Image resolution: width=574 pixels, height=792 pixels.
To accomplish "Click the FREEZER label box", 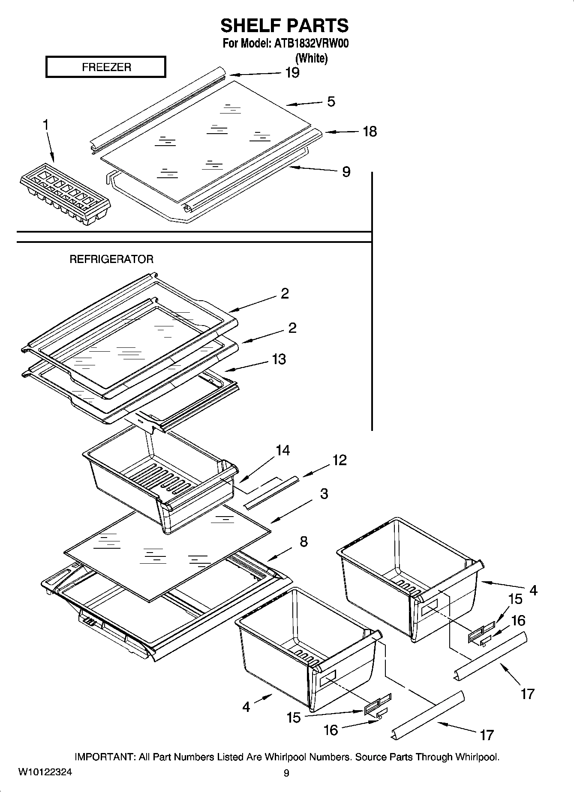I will [105, 67].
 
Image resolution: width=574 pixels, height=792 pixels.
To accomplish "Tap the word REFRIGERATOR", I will [111, 259].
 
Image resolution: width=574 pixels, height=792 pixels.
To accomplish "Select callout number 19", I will [292, 73].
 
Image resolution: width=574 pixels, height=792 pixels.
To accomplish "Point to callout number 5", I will [331, 102].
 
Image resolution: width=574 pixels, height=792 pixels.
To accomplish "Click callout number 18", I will [370, 132].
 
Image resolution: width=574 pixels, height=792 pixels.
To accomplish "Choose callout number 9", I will [346, 172].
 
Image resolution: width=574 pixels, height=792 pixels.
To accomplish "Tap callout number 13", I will [279, 359].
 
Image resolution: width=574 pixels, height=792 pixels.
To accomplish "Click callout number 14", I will [282, 450].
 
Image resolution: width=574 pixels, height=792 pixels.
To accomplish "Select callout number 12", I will [339, 460].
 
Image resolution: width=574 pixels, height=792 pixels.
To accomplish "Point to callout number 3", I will [324, 493].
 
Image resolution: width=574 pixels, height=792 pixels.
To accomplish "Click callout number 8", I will [304, 541].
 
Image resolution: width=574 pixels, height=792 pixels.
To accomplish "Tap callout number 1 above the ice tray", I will [45, 125].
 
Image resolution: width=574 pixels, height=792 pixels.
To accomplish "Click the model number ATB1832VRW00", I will [311, 44].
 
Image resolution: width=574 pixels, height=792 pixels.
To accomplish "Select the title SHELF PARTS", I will [285, 26].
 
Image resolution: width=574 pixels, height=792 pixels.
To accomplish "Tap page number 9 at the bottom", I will [286, 773].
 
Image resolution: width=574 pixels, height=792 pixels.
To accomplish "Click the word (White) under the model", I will [312, 58].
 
